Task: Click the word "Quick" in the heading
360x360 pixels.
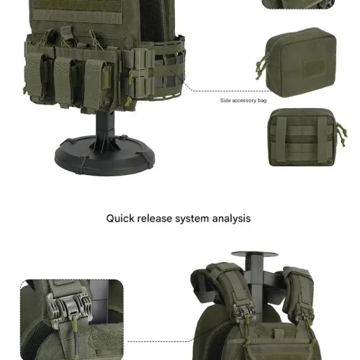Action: pos(122,217)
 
